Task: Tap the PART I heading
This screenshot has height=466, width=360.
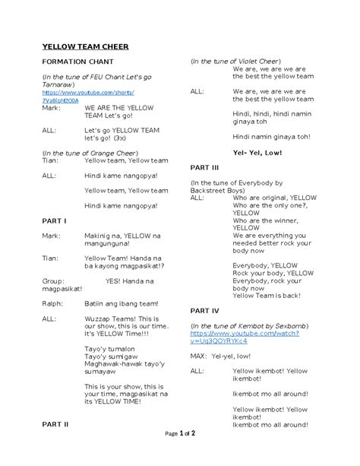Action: [x=54, y=220]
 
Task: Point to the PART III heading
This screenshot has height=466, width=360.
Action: [x=204, y=166]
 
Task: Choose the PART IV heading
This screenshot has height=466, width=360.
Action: [x=204, y=311]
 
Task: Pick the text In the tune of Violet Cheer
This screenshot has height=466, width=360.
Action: [x=235, y=61]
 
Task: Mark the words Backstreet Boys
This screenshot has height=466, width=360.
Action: [x=216, y=190]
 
